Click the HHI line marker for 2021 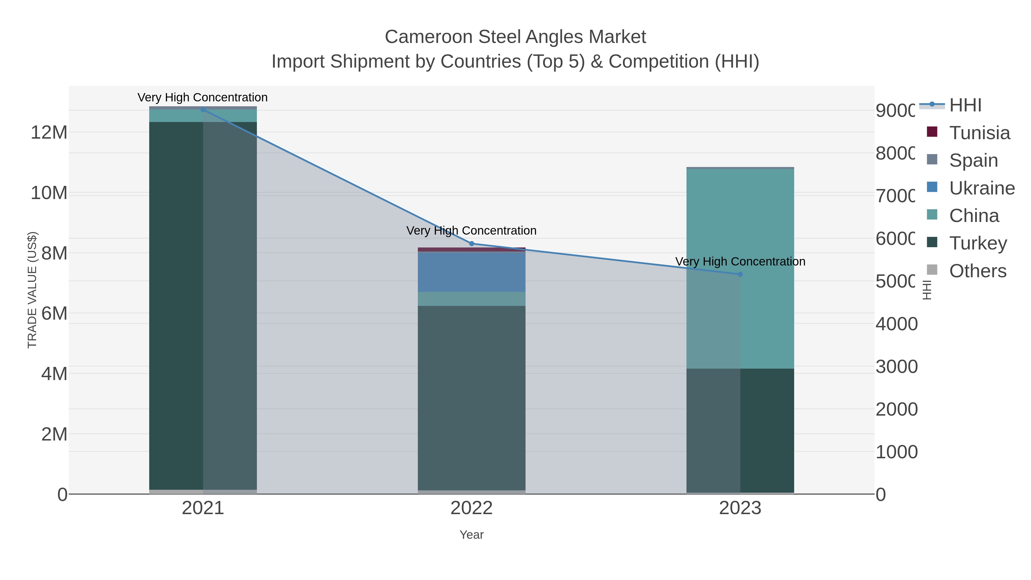tap(203, 109)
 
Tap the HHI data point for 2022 tap(471, 243)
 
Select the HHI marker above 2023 tap(740, 274)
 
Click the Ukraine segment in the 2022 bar tap(471, 272)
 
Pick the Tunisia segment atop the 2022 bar tap(471, 249)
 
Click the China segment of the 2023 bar tap(740, 240)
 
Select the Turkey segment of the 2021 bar tap(176, 304)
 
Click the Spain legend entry tap(973, 160)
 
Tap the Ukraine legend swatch tap(932, 187)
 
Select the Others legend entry tap(977, 271)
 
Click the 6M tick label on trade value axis tap(54, 313)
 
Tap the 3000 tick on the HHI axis tap(896, 366)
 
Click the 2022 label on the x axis tap(471, 508)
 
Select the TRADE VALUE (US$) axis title tap(32, 290)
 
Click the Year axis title tap(471, 535)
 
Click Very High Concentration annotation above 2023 tap(740, 262)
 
